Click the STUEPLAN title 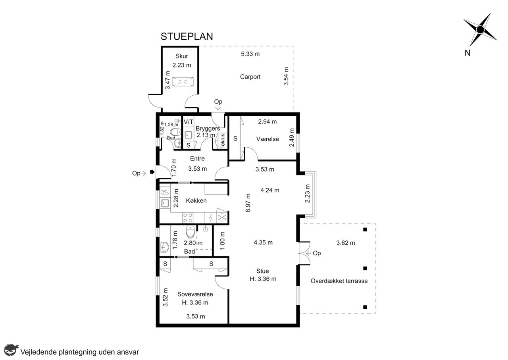(187, 37)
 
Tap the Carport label (250, 77)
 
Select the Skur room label (182, 56)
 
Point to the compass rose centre (480, 29)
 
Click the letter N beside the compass (468, 53)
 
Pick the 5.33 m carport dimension (250, 54)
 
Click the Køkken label (196, 200)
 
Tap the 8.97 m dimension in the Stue (248, 203)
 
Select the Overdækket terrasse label (339, 281)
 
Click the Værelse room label (267, 139)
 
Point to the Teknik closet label (223, 141)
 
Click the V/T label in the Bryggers (188, 122)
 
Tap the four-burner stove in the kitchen (188, 218)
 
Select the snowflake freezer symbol (222, 218)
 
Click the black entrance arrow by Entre (152, 172)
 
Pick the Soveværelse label (195, 294)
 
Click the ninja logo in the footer (11, 350)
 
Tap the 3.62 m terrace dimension (345, 243)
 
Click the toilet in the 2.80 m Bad (190, 232)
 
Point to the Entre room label (197, 158)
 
